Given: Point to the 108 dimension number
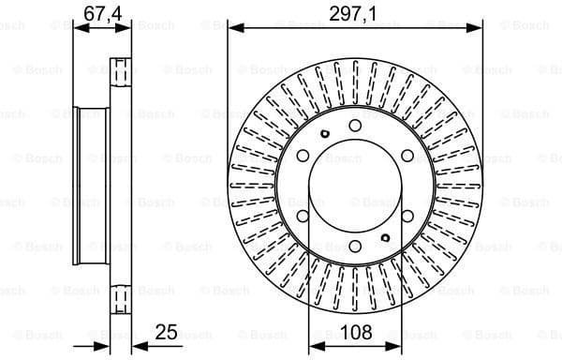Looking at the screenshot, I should pos(355,332).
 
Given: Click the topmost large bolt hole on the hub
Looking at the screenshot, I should pos(355,126).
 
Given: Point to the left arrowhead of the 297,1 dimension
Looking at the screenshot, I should pos(231,28).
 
